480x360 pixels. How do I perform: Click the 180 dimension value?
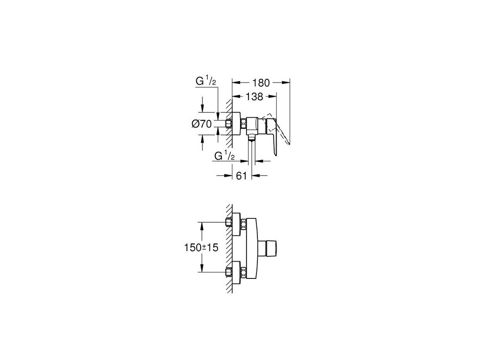point(261,83)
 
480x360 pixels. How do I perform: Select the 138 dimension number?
point(253,97)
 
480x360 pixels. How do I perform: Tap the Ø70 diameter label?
point(202,124)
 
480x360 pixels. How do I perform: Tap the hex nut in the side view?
point(244,124)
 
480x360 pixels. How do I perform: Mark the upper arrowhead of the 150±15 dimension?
point(202,225)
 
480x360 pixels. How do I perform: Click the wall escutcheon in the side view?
point(237,124)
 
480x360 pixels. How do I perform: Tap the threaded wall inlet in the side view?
point(229,124)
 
